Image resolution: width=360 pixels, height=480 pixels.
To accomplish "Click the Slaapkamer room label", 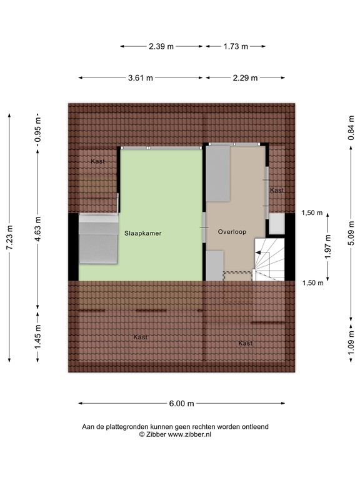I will pyautogui.click(x=142, y=233).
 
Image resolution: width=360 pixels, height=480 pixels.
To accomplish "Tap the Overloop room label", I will pyautogui.click(x=232, y=232).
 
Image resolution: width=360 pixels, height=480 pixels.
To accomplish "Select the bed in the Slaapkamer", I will pyautogui.click(x=97, y=240).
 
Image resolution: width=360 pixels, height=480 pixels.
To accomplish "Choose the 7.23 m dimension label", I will pyautogui.click(x=9, y=237).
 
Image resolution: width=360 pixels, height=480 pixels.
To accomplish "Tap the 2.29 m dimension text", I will pyautogui.click(x=244, y=78).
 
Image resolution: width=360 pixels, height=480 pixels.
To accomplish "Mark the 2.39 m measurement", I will pyautogui.click(x=161, y=46).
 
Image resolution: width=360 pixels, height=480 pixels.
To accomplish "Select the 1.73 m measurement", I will pyautogui.click(x=236, y=46).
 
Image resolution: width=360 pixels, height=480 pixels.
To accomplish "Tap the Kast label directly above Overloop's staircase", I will pyautogui.click(x=276, y=190).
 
